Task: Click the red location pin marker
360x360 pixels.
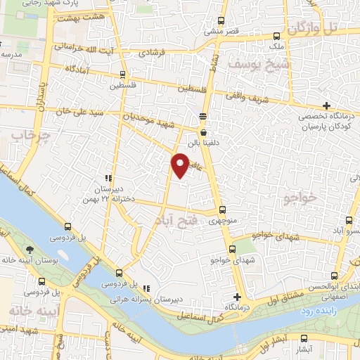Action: point(180,165)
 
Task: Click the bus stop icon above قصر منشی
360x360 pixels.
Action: point(221,20)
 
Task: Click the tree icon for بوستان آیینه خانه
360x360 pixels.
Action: point(30,250)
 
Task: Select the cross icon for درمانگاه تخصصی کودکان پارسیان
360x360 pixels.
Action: point(326,105)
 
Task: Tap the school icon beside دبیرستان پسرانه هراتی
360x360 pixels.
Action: point(146,288)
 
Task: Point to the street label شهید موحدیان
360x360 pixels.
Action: point(176,124)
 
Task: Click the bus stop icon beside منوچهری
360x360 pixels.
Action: point(222,210)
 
